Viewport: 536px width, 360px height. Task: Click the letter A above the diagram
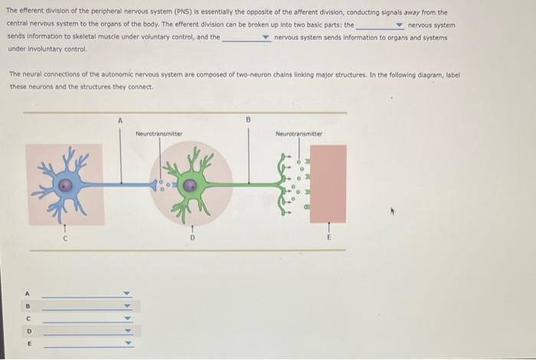(119, 120)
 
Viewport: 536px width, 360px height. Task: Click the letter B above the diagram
(248, 120)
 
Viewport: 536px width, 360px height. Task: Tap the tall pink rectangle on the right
(328, 184)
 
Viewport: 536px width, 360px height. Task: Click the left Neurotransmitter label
(159, 134)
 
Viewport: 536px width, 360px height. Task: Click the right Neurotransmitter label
(299, 134)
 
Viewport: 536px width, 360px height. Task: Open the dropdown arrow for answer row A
(128, 293)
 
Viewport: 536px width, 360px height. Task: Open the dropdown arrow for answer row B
(128, 306)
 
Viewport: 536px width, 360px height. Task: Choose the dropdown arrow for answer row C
(128, 319)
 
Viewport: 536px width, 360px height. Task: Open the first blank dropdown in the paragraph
(399, 25)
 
